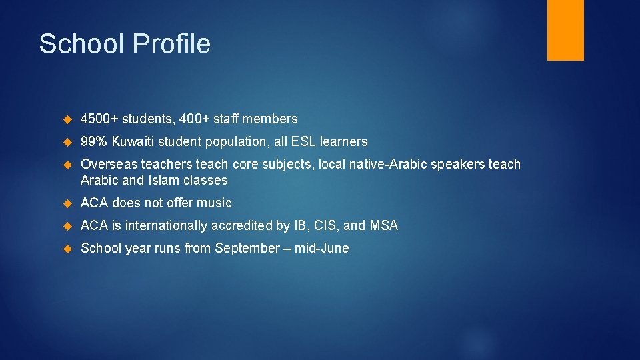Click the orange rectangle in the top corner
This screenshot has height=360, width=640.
point(565,30)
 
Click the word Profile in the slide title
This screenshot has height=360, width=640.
point(171,44)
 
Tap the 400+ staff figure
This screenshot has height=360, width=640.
point(193,119)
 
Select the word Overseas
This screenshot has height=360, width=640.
point(109,165)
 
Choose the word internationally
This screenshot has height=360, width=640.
point(165,226)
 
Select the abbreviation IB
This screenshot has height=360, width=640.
point(300,226)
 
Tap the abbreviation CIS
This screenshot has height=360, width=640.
point(327,226)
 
